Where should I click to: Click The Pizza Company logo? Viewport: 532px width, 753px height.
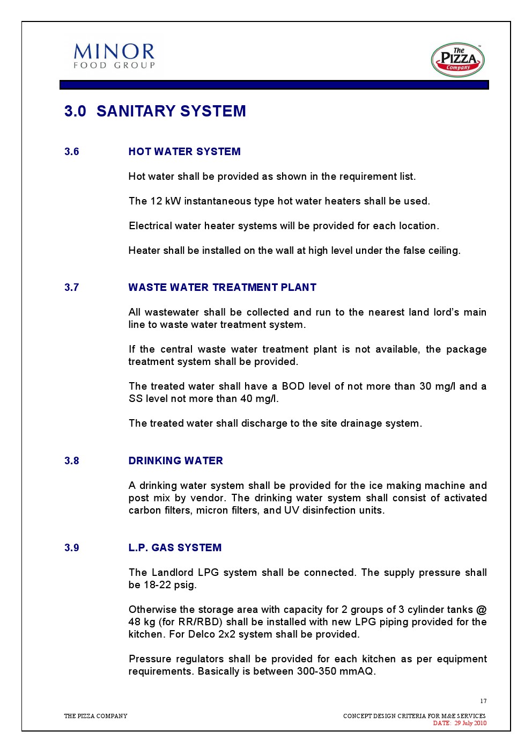coord(457,60)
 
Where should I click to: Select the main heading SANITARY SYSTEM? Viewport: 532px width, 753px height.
coord(171,111)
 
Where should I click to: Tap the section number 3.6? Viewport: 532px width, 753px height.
coord(71,152)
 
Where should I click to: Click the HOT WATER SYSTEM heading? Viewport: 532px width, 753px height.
coord(184,152)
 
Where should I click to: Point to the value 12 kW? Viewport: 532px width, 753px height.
coord(166,201)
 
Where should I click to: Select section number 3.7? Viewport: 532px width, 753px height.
coord(71,288)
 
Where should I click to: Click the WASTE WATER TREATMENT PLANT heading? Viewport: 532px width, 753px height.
coord(222,288)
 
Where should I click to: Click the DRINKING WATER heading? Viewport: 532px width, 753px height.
coord(175,461)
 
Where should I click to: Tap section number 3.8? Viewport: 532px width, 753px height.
coord(71,461)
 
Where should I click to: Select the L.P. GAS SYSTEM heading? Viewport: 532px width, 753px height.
coord(175,548)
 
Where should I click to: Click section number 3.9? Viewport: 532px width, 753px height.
coord(71,548)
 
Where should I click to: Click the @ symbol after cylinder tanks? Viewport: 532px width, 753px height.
coord(481,610)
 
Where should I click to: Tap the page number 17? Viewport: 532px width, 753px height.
coord(483,701)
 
